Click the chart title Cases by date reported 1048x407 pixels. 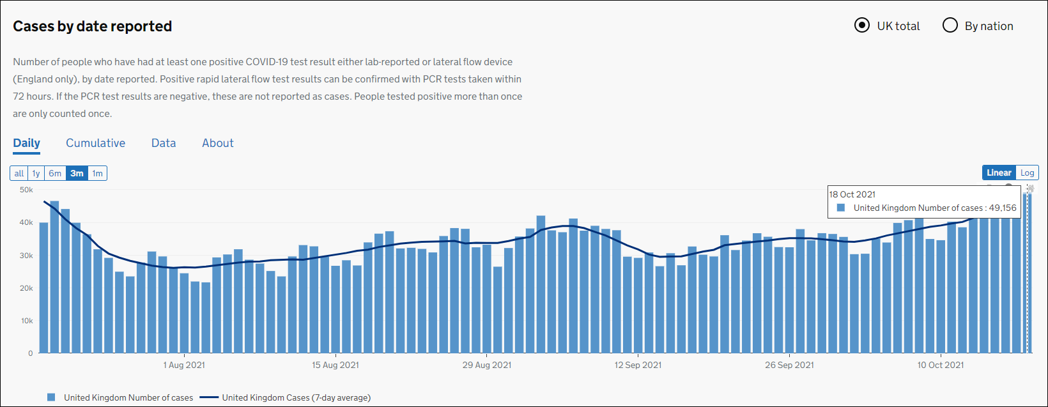coord(93,26)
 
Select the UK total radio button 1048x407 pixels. coord(862,26)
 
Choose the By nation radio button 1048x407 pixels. coord(950,26)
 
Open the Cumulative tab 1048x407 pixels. coord(95,143)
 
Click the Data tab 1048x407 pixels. coord(164,143)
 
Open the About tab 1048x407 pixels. coord(218,143)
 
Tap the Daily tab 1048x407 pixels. coord(26,143)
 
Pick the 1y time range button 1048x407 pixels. coord(36,173)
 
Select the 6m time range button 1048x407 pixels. coord(55,173)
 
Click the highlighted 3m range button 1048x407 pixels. coord(77,173)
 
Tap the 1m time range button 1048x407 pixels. coord(97,173)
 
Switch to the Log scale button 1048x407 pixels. coord(1027,173)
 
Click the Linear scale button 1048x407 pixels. coord(999,173)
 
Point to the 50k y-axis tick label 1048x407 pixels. coord(26,190)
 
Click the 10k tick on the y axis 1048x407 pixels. coord(26,321)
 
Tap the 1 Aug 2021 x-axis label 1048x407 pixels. coord(184,365)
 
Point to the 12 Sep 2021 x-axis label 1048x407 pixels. coord(638,365)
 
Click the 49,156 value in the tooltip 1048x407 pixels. coord(1003,208)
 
